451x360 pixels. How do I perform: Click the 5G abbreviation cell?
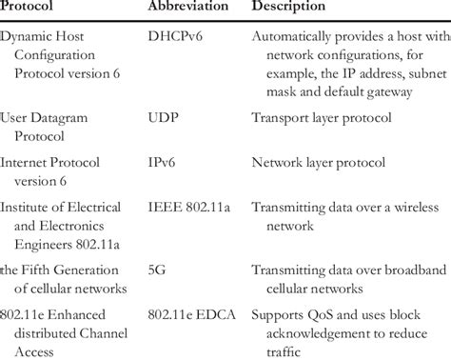(x=157, y=270)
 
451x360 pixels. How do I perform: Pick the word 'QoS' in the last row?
(x=321, y=314)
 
